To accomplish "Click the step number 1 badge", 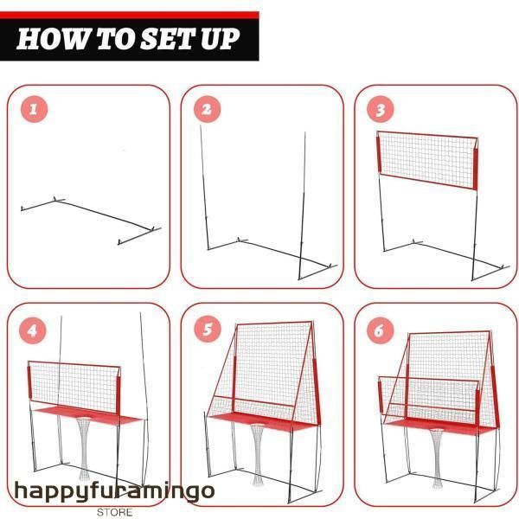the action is click(34, 109).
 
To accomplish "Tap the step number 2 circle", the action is click(208, 109).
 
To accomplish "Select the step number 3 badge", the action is click(381, 109).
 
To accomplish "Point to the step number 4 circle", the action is click(33, 330).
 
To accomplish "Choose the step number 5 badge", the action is click(208, 329).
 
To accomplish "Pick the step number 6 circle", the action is click(381, 330).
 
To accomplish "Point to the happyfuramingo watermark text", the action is click(114, 492).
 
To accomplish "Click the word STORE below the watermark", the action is click(114, 512).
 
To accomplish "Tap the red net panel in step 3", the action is click(427, 161).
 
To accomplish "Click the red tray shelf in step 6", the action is click(439, 426).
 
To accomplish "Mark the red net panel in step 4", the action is click(74, 387).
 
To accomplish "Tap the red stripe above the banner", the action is click(130, 16).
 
